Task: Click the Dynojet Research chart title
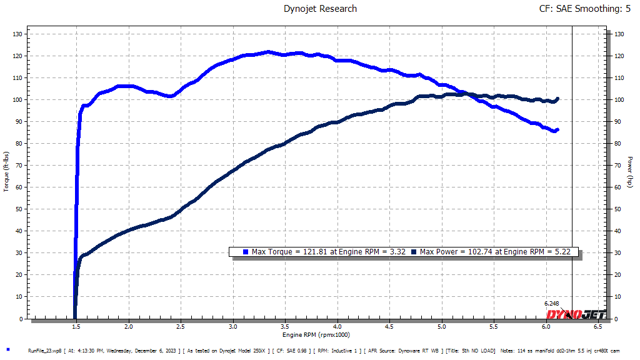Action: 320,9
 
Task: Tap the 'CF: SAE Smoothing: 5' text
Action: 584,9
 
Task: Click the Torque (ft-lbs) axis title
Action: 6,172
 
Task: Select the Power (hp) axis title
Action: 631,172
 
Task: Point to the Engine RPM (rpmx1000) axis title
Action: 317,336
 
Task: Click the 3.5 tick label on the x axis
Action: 285,327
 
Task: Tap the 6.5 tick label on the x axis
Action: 598,327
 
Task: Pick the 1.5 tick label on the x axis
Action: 76,327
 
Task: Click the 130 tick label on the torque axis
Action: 17,34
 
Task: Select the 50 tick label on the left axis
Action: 19,209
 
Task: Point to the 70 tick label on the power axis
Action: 617,166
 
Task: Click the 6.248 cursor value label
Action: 552,304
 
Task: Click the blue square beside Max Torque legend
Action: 245,252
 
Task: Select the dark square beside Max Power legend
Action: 414,252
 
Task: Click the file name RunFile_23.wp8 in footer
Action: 45,351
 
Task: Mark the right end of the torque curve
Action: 557,129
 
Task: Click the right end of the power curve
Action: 557,98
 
